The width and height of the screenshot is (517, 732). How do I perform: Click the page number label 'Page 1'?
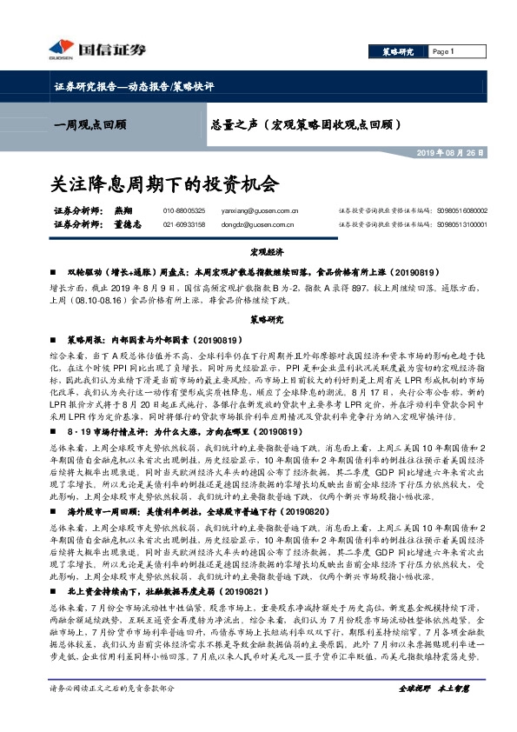(443, 51)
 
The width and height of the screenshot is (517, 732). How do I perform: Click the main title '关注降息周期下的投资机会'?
(164, 184)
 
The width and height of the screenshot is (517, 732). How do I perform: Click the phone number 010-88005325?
(184, 210)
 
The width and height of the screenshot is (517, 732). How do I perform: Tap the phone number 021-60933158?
(184, 225)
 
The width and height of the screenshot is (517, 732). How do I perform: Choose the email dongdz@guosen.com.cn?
(262, 225)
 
